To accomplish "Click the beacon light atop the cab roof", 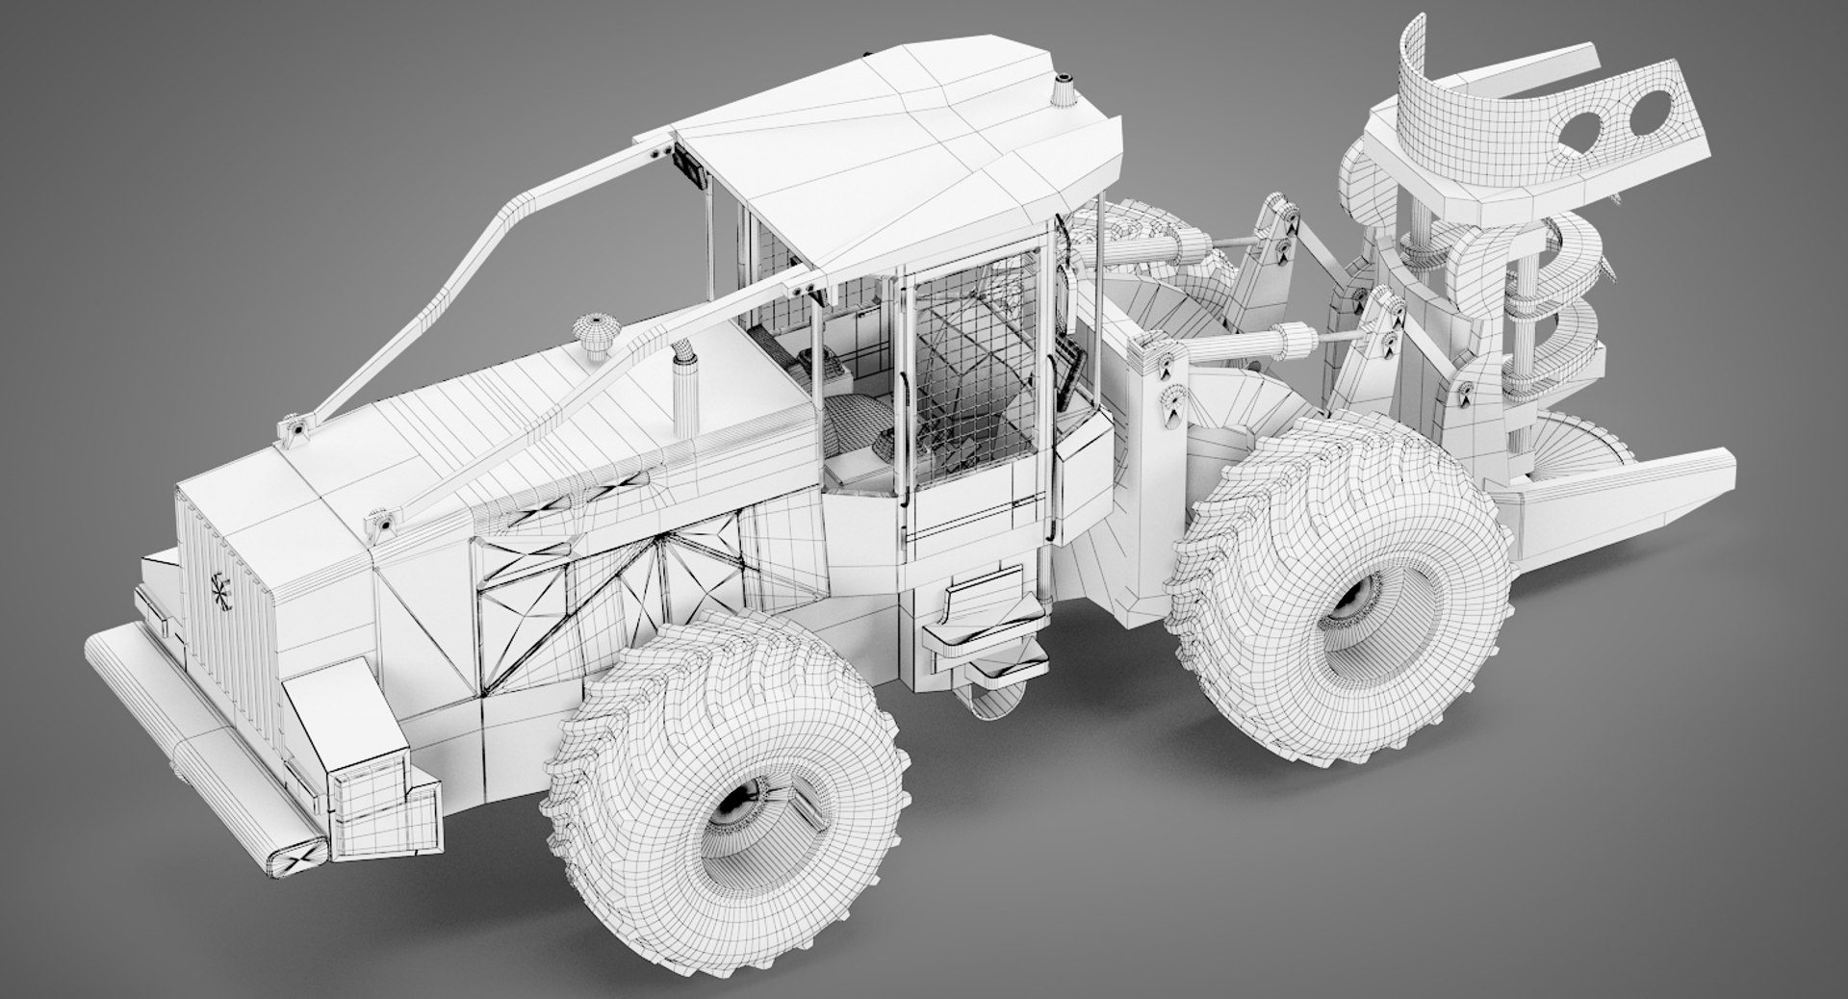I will [1065, 90].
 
